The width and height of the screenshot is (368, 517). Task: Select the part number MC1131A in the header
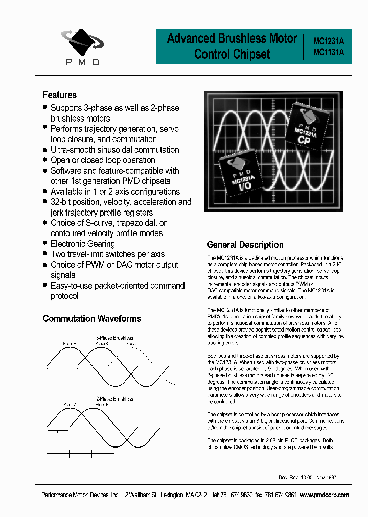coord(329,52)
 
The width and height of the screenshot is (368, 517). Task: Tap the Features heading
coord(59,95)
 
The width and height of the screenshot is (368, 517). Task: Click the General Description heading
coord(245,245)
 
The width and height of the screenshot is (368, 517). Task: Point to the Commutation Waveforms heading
coord(92,319)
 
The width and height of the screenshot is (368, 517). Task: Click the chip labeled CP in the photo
coord(305,128)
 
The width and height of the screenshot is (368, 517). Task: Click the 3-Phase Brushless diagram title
coord(114,338)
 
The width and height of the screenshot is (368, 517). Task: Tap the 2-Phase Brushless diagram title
coord(114,399)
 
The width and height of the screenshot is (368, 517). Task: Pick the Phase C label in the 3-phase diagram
coord(132,344)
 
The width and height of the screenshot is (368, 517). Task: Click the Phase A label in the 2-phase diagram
coord(70,405)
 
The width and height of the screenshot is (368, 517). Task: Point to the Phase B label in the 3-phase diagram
coord(101,344)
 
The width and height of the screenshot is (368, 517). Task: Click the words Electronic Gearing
coord(82,244)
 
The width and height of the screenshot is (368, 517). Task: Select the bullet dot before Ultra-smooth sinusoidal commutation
coord(45,149)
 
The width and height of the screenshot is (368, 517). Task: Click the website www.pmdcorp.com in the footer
coord(325,495)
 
